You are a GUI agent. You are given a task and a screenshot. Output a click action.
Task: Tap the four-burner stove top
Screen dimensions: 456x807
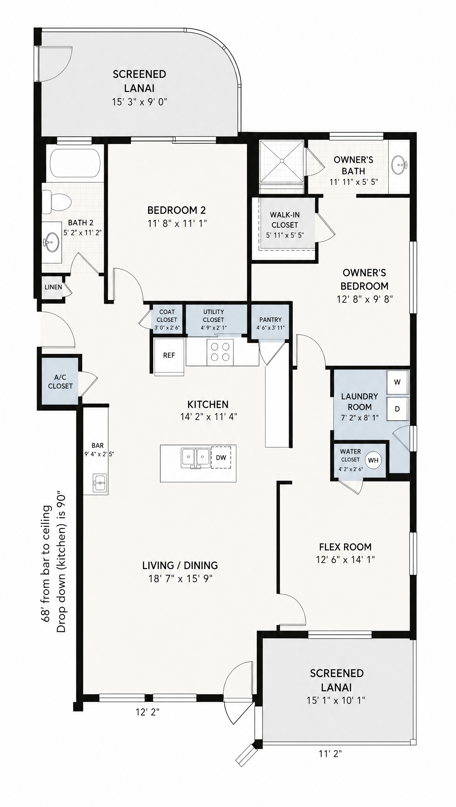pyautogui.click(x=220, y=352)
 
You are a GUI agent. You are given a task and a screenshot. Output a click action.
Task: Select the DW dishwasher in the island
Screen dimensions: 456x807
pyautogui.click(x=221, y=457)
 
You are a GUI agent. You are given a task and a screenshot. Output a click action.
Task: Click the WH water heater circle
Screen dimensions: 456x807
pyautogui.click(x=373, y=460)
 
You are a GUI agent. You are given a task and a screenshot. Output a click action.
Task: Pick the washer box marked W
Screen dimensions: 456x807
pyautogui.click(x=398, y=382)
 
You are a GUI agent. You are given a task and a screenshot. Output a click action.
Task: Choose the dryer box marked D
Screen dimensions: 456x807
pyautogui.click(x=398, y=409)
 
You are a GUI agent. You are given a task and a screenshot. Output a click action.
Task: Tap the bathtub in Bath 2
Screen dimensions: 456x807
pyautogui.click(x=75, y=163)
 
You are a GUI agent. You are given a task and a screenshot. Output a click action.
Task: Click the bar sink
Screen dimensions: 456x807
pyautogui.click(x=100, y=482)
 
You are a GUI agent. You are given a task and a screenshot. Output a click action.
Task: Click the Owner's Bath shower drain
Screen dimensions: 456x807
pyautogui.click(x=282, y=161)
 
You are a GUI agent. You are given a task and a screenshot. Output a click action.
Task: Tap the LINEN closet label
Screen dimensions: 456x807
pyautogui.click(x=53, y=287)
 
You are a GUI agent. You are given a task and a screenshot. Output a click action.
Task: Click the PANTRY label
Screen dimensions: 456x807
pyautogui.click(x=270, y=320)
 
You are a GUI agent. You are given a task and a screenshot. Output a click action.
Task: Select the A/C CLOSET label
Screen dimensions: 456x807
pyautogui.click(x=60, y=382)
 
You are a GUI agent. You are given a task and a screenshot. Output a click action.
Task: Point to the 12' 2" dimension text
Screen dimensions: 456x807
pyautogui.click(x=147, y=712)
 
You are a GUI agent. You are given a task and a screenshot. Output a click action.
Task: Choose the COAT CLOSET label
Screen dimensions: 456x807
pyautogui.click(x=167, y=316)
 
